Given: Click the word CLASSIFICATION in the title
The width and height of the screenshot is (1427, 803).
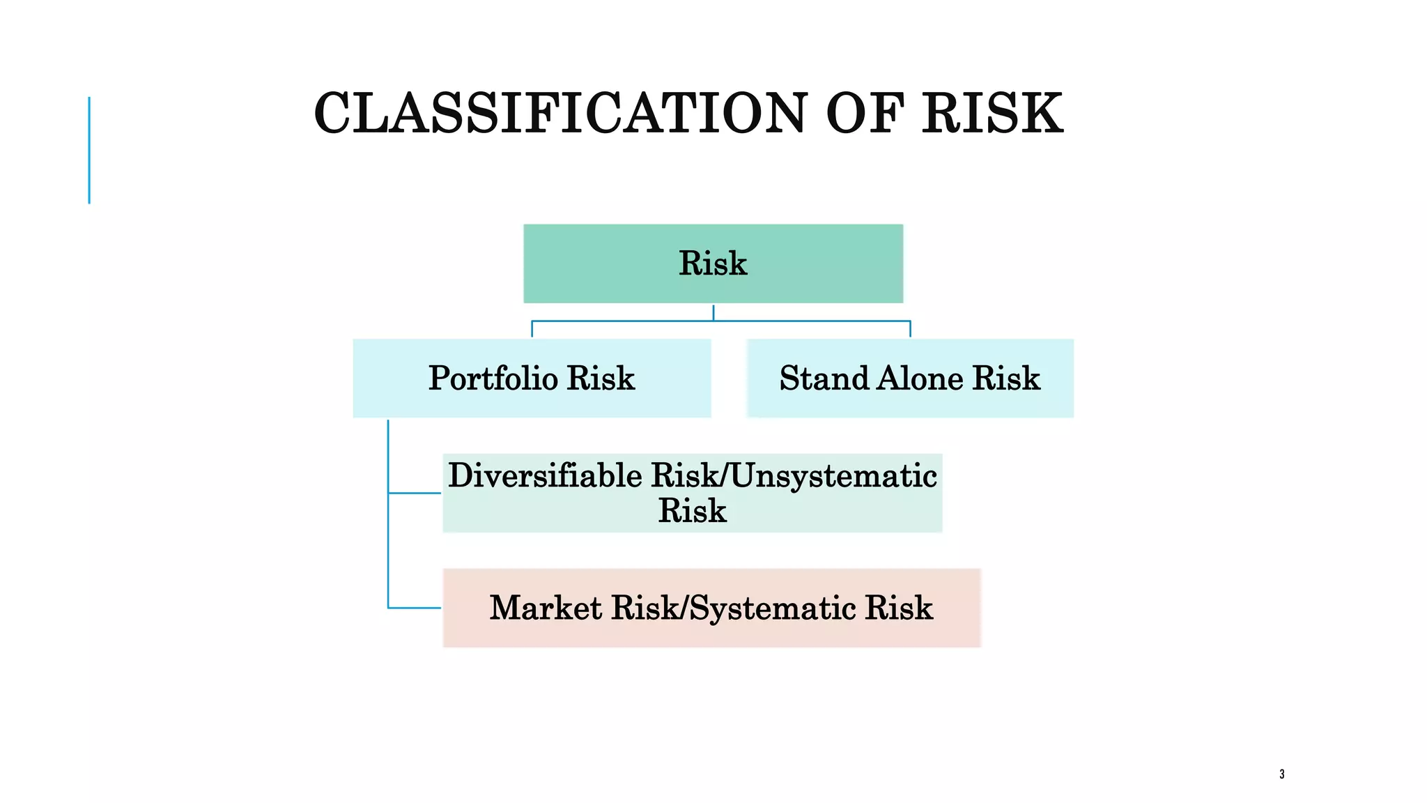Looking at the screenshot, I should click(x=560, y=114).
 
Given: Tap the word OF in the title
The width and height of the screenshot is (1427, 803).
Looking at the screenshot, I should click(x=865, y=114).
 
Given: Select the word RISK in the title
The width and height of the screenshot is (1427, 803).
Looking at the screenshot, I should click(x=993, y=114).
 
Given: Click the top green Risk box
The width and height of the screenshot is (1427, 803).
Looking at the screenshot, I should click(x=713, y=263).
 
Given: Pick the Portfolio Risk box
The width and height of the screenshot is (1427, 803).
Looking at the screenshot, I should click(x=532, y=378).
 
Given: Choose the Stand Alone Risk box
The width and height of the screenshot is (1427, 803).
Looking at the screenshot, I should click(x=910, y=378).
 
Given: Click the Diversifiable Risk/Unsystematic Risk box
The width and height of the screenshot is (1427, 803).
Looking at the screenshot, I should click(x=692, y=493).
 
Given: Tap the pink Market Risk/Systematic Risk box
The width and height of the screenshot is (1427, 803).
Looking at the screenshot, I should click(x=711, y=608).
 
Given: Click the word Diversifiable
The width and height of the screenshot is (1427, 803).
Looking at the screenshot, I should click(x=545, y=476).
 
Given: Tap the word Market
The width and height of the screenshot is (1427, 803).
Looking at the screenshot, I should click(x=546, y=608).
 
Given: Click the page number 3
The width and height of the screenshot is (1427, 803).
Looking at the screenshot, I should click(x=1282, y=774).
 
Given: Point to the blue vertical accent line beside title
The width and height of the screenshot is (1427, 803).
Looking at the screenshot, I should click(x=89, y=150).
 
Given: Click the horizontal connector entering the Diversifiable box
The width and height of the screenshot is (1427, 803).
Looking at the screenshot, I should click(x=415, y=493).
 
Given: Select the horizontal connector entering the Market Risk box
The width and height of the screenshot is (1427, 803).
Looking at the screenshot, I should click(x=415, y=608).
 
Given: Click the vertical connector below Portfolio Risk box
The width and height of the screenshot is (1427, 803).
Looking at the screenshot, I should click(x=388, y=516).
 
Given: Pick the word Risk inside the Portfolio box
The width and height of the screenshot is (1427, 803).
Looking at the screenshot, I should click(x=601, y=378).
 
